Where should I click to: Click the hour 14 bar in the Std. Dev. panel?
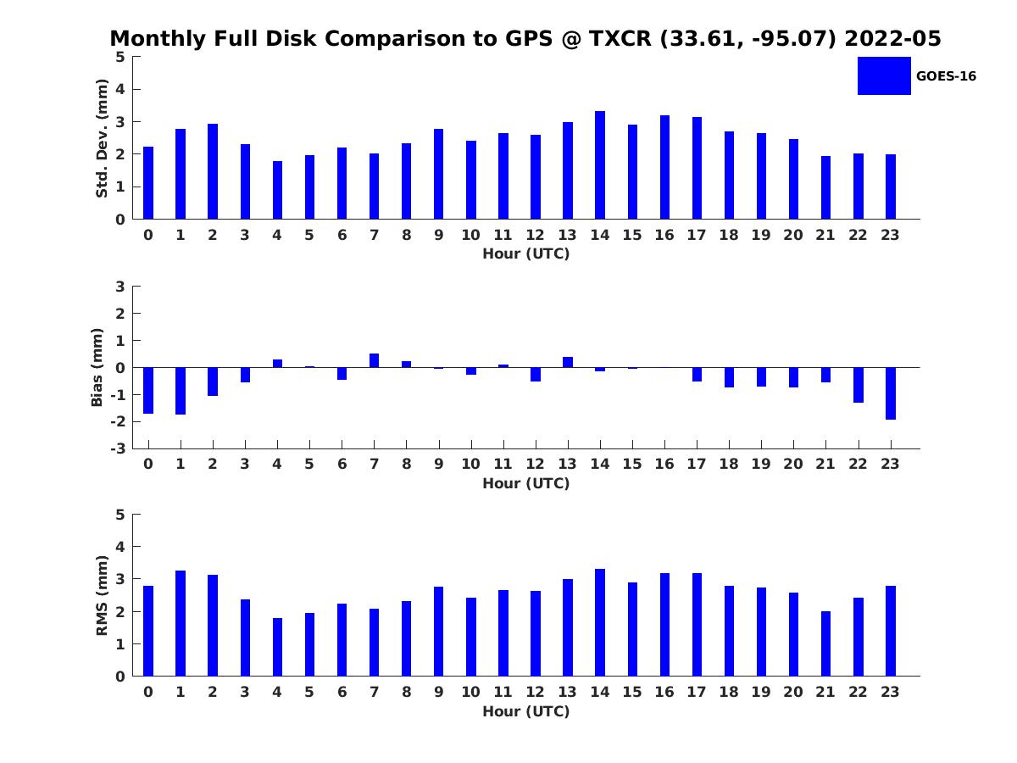tap(600, 165)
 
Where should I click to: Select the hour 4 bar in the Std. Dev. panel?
tap(277, 190)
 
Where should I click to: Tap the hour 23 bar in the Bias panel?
tap(891, 393)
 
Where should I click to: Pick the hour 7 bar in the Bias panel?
tap(374, 360)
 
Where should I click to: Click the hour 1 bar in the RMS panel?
tap(181, 623)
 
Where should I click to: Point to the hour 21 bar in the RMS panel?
tap(825, 643)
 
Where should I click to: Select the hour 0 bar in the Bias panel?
tap(148, 390)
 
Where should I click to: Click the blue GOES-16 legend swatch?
tap(884, 75)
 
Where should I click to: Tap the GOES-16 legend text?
tap(946, 76)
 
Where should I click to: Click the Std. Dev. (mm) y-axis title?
tap(103, 138)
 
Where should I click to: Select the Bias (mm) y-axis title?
tap(97, 367)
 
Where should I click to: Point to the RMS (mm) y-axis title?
tap(103, 595)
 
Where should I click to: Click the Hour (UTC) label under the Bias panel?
tap(525, 483)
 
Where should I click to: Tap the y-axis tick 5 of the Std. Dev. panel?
tap(120, 57)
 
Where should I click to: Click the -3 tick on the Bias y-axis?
tap(119, 448)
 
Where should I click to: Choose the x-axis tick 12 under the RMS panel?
tap(536, 692)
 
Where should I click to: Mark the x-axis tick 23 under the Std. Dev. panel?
tap(891, 235)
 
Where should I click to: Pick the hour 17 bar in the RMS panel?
tap(697, 625)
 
